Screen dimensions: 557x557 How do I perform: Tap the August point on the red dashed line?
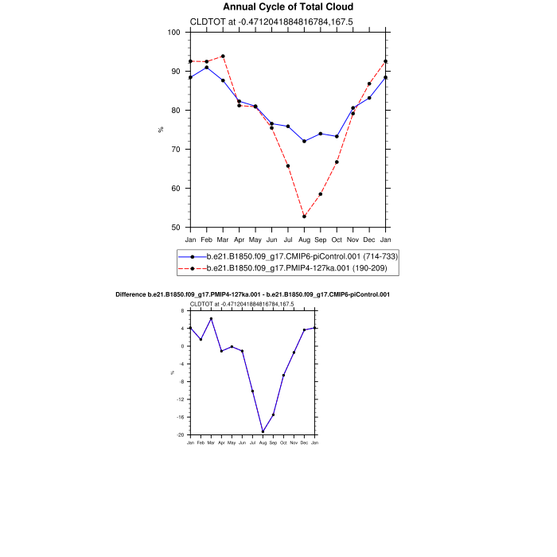pyautogui.click(x=304, y=216)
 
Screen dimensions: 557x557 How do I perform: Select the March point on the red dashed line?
pyautogui.click(x=223, y=56)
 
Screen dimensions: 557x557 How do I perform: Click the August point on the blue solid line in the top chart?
pyautogui.click(x=304, y=141)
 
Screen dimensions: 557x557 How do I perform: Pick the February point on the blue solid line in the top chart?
pyautogui.click(x=207, y=68)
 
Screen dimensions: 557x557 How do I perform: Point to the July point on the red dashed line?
pyautogui.click(x=288, y=166)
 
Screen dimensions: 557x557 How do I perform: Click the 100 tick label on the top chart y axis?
pyautogui.click(x=174, y=32)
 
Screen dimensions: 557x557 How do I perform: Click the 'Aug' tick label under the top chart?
pyautogui.click(x=304, y=240)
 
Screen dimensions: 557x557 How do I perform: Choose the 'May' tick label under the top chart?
pyautogui.click(x=255, y=240)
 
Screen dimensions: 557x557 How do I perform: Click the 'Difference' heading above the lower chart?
pyautogui.click(x=252, y=294)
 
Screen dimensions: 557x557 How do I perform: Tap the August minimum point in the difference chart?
pyautogui.click(x=263, y=432)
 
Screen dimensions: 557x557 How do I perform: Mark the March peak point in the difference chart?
pyautogui.click(x=211, y=318)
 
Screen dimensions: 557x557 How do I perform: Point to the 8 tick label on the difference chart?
pyautogui.click(x=183, y=310)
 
